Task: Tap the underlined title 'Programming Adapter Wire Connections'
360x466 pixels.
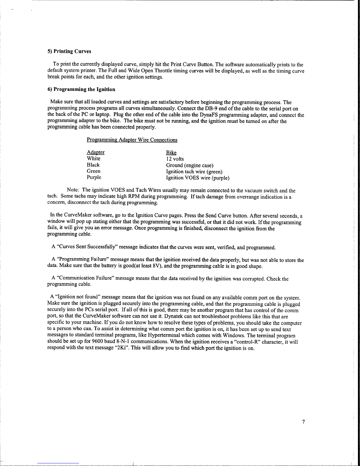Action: (132, 140)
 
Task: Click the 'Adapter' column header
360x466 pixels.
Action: (96, 152)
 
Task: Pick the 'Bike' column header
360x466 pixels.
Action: (171, 153)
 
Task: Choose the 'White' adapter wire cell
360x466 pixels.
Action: (93, 158)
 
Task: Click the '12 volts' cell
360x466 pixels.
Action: (175, 159)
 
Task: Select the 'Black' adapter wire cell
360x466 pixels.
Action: (93, 165)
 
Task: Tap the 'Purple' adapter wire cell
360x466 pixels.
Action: (94, 177)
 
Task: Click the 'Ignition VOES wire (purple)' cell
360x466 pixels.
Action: (197, 178)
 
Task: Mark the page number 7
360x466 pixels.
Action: (303, 422)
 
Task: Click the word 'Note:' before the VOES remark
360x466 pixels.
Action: (73, 191)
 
